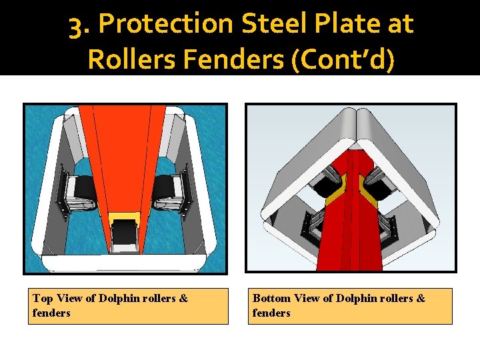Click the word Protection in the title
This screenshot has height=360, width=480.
pyautogui.click(x=165, y=25)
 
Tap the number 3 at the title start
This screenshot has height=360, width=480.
pyautogui.click(x=77, y=25)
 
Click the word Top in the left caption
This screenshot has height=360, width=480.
pyautogui.click(x=43, y=298)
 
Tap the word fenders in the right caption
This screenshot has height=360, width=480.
pyautogui.click(x=271, y=313)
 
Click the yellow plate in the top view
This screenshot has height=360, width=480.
pyautogui.click(x=124, y=217)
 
